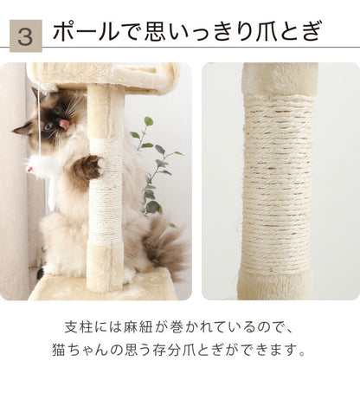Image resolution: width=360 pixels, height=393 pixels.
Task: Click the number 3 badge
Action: (x=26, y=35)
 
